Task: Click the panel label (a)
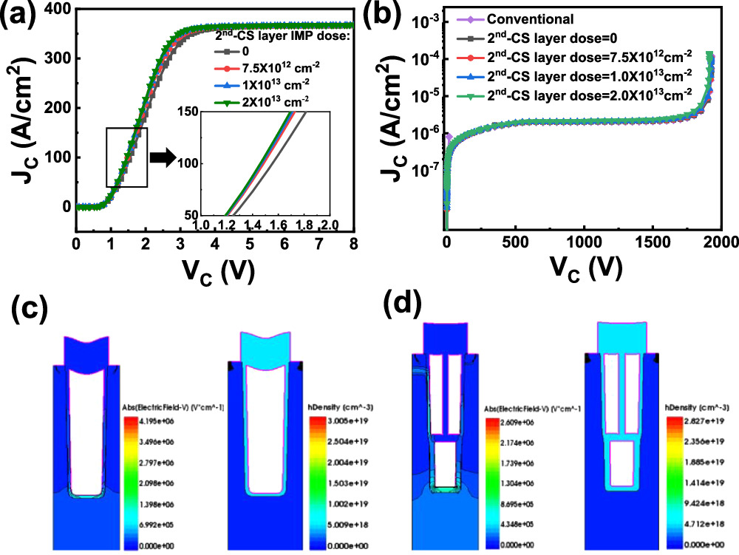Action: [22, 16]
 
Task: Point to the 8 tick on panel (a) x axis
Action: [355, 243]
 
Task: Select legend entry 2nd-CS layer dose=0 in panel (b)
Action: [535, 38]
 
